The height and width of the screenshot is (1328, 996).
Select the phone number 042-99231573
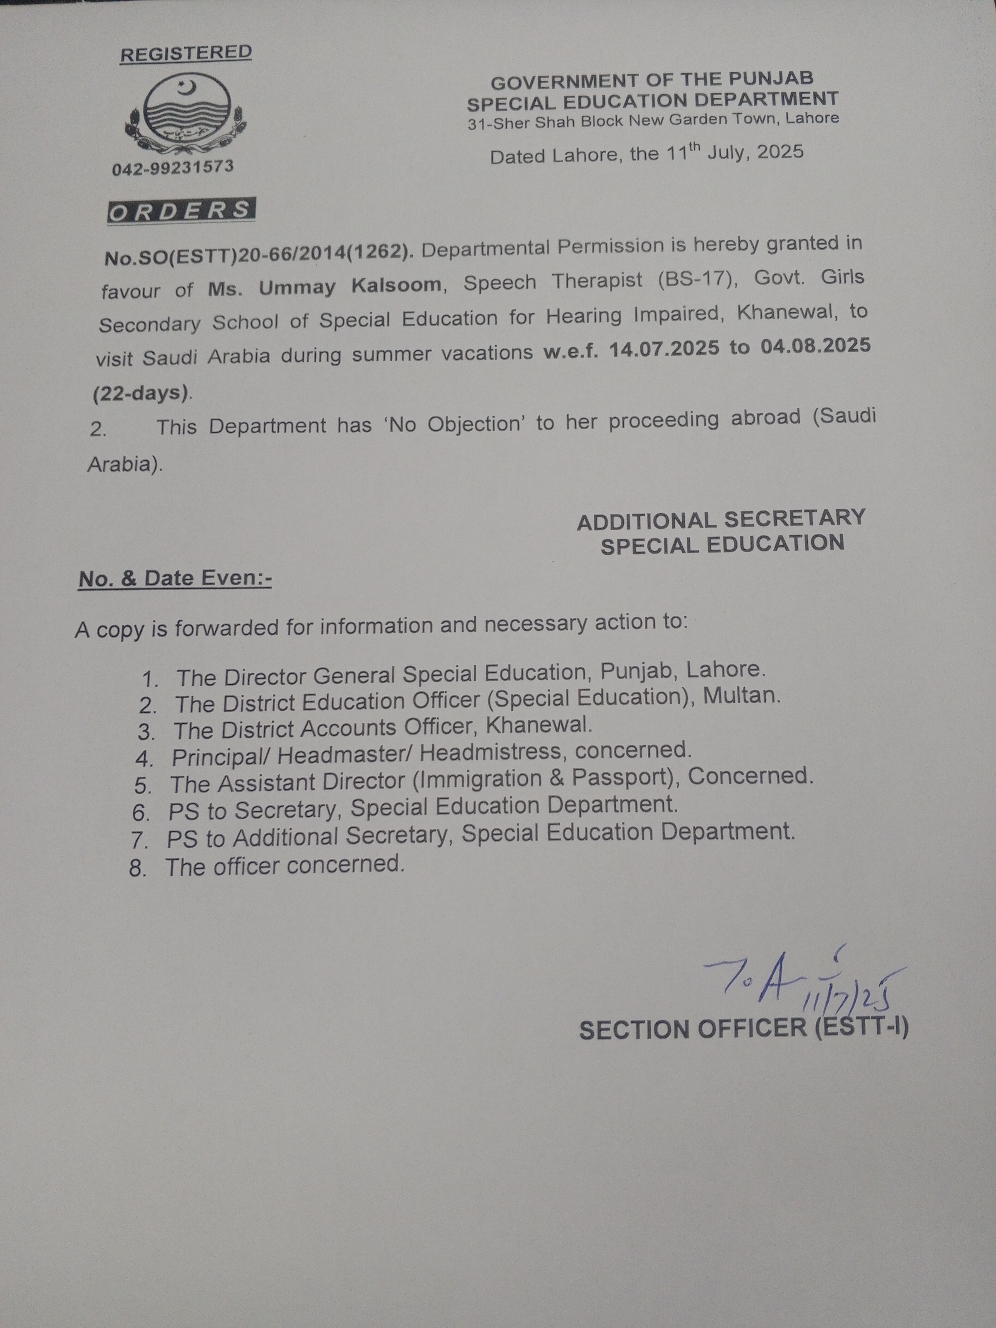(x=173, y=168)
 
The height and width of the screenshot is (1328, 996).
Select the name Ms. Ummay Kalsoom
(x=324, y=286)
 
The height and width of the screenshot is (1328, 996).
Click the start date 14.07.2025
(x=663, y=349)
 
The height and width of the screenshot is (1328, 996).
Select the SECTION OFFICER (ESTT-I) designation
(x=743, y=1029)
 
